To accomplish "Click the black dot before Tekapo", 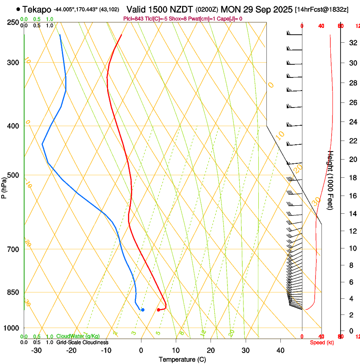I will click(x=18, y=9).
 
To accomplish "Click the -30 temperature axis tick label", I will click(x=36, y=350).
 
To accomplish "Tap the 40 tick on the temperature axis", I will click(x=280, y=350).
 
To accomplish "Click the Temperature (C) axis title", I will click(x=182, y=359).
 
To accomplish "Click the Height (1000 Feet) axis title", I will click(x=331, y=180).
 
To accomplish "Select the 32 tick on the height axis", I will click(x=352, y=42).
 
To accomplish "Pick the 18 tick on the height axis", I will click(x=352, y=178).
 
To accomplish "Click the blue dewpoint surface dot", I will click(x=142, y=310).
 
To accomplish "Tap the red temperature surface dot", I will click(x=158, y=310).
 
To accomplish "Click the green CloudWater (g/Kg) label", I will click(x=78, y=336).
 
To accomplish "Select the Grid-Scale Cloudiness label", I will click(x=82, y=342).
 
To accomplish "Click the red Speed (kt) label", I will click(x=322, y=342).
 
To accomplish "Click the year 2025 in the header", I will click(x=281, y=9).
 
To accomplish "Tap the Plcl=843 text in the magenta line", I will click(x=133, y=19).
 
